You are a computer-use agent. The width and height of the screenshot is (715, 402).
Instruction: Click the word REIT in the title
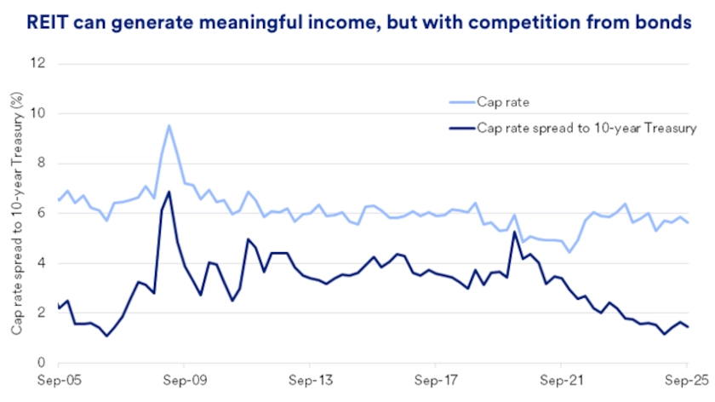(x=48, y=23)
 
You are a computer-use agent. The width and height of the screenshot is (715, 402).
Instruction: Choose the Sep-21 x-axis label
(x=560, y=381)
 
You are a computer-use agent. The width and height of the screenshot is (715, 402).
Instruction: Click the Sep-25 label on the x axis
(x=685, y=381)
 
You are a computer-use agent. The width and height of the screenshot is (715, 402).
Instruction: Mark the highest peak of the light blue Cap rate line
(x=169, y=126)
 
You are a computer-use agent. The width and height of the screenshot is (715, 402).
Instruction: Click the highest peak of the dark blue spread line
(x=169, y=192)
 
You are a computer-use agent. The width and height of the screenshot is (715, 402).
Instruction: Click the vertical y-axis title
(x=16, y=213)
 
